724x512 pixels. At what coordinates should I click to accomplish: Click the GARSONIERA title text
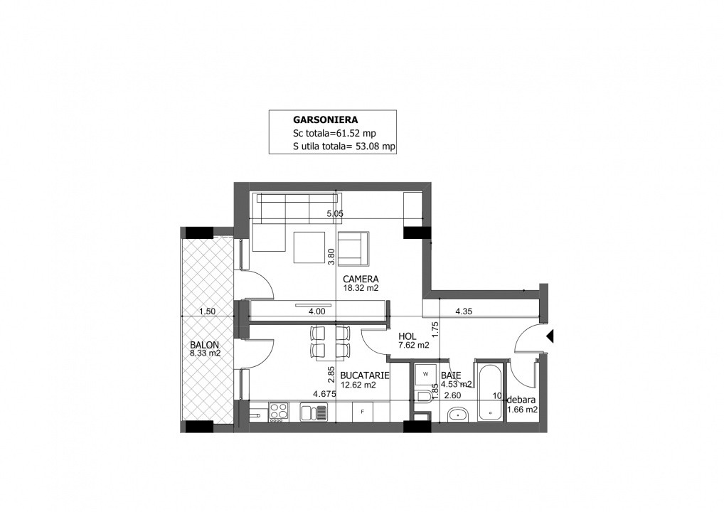[x=325, y=119]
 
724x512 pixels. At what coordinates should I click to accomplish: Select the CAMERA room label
[x=361, y=279]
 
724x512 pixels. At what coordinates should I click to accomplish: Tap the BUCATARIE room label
[x=365, y=375]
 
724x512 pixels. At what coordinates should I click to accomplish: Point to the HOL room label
[x=408, y=336]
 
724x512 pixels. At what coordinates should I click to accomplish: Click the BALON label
[x=205, y=345]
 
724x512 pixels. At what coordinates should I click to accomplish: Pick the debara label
[x=521, y=400]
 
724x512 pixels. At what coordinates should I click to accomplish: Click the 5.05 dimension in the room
[x=335, y=214]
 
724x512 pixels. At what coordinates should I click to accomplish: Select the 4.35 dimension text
[x=464, y=311]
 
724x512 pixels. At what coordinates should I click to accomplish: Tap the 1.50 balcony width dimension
[x=208, y=311]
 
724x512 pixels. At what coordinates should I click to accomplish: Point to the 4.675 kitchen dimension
[x=324, y=394]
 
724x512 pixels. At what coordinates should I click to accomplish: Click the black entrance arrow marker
[x=550, y=336]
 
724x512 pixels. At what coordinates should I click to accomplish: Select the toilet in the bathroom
[x=423, y=397]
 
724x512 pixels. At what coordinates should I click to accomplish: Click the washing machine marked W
[x=426, y=374]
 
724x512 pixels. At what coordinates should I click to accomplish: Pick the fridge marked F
[x=363, y=411]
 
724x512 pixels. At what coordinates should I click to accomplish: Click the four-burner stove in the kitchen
[x=279, y=412]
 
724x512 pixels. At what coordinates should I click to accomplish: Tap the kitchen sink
[x=314, y=412]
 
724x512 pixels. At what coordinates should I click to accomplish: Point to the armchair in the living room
[x=353, y=249]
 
